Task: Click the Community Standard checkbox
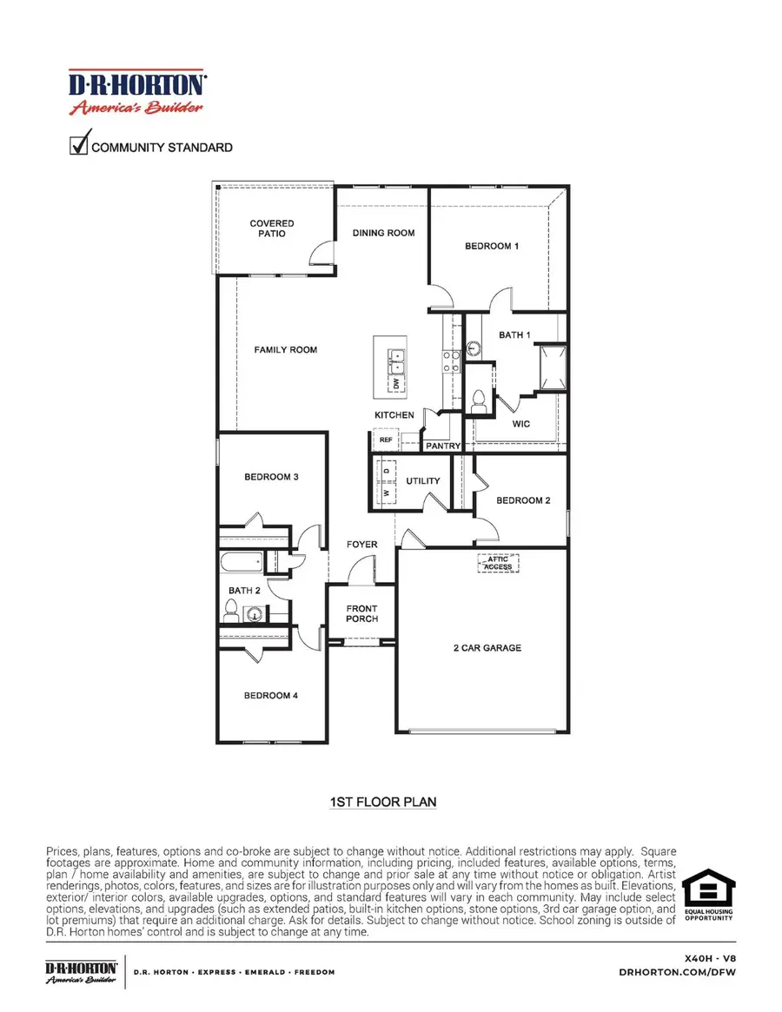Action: click(80, 143)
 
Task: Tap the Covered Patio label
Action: click(272, 228)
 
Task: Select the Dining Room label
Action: click(382, 233)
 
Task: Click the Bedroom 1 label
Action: click(492, 246)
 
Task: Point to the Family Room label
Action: click(285, 350)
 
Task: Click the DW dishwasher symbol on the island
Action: click(396, 382)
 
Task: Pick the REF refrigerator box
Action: click(386, 440)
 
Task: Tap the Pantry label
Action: click(443, 446)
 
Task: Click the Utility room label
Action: click(423, 480)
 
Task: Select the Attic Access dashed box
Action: click(498, 563)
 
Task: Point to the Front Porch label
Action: click(361, 613)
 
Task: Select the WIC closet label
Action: click(520, 424)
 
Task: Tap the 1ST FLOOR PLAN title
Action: click(382, 803)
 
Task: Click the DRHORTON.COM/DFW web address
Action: click(693, 972)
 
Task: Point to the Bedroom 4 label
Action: click(271, 695)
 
